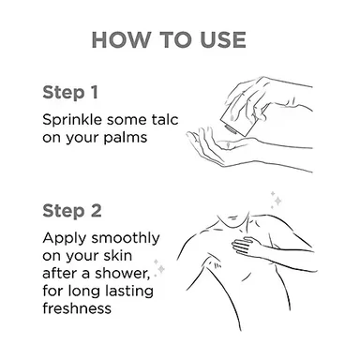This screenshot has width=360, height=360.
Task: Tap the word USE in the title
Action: click(223, 40)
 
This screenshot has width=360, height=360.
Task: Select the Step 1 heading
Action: click(70, 93)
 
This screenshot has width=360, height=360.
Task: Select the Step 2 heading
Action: click(72, 211)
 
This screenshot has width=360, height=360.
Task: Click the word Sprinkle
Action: click(72, 120)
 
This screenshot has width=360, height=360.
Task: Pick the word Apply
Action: click(64, 239)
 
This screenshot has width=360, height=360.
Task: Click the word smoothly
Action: click(126, 239)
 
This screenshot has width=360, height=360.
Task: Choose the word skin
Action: click(119, 256)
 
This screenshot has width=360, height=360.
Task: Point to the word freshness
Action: click(77, 308)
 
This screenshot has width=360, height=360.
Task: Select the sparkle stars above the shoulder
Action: click(276, 200)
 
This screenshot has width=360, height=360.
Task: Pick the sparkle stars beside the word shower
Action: click(159, 267)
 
